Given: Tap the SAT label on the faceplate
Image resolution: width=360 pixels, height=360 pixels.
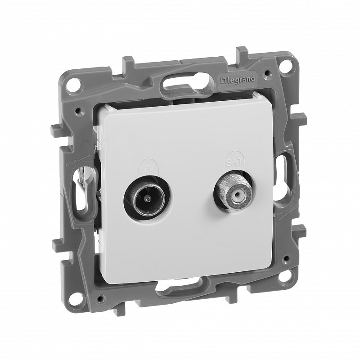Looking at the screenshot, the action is pos(234,162).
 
